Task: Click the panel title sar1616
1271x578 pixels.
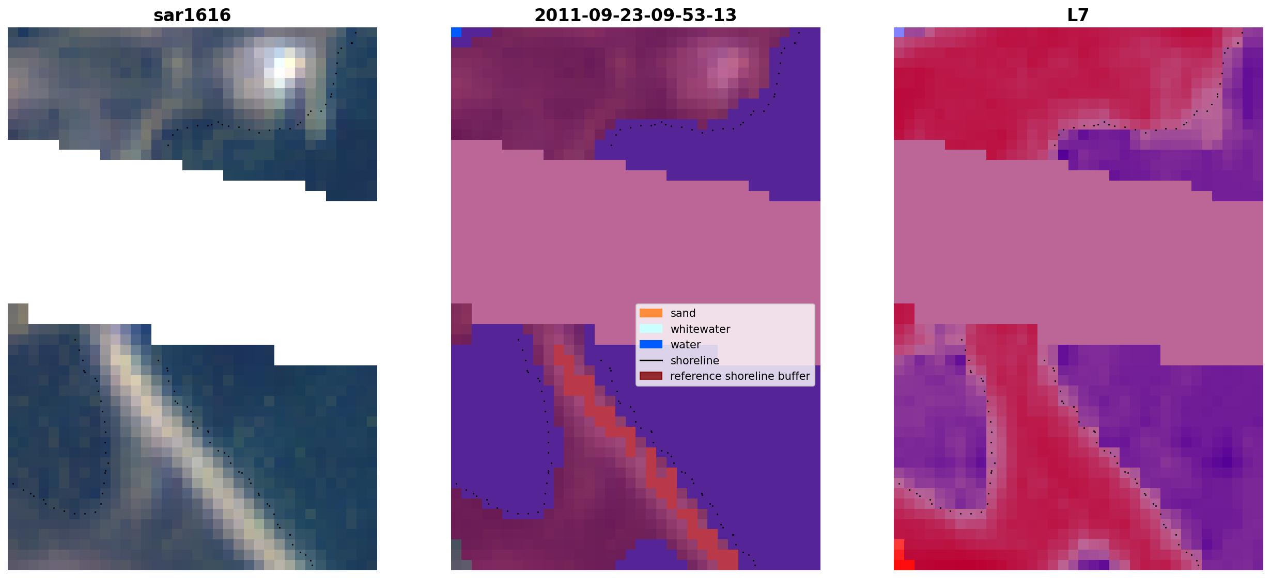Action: (x=192, y=15)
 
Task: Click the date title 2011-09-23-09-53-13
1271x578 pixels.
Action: (x=635, y=15)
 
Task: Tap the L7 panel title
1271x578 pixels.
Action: (x=1078, y=15)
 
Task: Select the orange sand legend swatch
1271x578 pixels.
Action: (x=651, y=313)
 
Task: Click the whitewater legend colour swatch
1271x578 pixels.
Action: (x=651, y=329)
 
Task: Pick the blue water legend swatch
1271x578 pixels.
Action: (x=651, y=344)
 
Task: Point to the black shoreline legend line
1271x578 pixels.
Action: (x=651, y=360)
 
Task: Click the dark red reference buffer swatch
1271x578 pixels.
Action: (x=651, y=376)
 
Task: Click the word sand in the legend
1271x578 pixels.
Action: (x=683, y=313)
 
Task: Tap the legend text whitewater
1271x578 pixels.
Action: (x=700, y=329)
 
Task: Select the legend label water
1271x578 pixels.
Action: (x=686, y=344)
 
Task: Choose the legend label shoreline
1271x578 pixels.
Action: (x=694, y=360)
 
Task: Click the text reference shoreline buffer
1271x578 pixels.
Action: (x=740, y=376)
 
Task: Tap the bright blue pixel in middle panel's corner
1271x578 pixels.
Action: (x=456, y=32)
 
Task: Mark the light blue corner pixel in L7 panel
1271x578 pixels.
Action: (x=899, y=32)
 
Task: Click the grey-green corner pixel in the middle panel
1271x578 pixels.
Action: (x=456, y=555)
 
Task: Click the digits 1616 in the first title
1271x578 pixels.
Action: (x=211, y=15)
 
